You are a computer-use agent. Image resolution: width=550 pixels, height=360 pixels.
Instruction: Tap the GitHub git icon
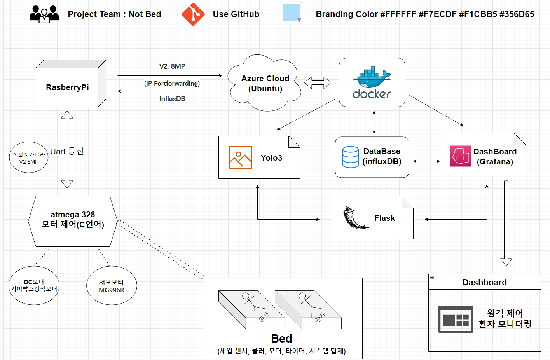193,14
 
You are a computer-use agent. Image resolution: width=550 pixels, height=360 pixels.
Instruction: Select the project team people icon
44,14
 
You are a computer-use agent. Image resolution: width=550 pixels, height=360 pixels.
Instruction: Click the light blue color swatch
291,13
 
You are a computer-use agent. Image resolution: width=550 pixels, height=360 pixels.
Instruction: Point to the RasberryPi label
67,87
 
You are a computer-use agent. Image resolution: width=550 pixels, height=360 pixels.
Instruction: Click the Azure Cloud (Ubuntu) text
265,84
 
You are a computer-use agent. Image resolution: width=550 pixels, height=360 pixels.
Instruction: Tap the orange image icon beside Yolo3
240,157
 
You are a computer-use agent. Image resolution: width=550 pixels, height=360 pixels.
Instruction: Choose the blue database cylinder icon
350,157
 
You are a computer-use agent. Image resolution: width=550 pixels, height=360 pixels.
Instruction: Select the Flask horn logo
355,218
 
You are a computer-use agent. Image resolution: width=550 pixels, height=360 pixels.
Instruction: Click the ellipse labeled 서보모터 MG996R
112,286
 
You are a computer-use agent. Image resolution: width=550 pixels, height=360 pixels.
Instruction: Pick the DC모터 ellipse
34,286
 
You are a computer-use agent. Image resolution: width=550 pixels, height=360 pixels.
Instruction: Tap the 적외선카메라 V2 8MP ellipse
29,157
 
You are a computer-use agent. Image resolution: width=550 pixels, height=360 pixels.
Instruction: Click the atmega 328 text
73,215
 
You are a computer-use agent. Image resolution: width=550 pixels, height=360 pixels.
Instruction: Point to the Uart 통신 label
67,151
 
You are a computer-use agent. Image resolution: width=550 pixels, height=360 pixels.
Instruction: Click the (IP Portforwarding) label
172,84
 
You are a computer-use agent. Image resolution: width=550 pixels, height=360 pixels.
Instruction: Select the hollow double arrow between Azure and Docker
318,82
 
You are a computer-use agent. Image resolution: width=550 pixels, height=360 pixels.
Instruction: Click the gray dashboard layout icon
456,319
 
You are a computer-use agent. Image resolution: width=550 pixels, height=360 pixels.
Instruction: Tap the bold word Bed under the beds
281,339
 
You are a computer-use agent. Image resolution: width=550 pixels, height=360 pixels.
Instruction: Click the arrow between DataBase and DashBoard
426,161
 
